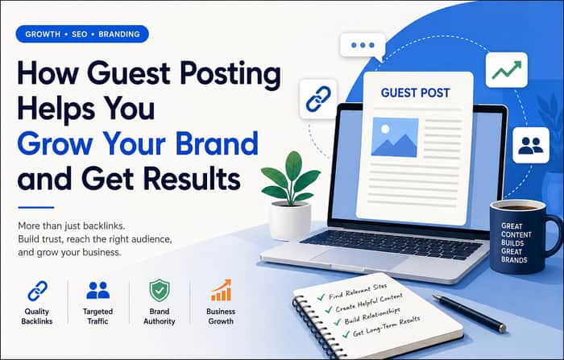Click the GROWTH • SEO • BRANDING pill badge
[x=82, y=34]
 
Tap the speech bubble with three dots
[x=363, y=46]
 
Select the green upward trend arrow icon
[x=507, y=70]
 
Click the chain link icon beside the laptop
[x=318, y=99]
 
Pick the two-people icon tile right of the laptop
[x=531, y=145]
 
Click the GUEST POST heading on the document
[x=415, y=93]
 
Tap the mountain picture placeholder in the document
[x=395, y=137]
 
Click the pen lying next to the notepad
[x=470, y=313]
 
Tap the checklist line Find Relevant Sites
[x=357, y=292]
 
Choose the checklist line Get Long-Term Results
[x=386, y=327]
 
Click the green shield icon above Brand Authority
[x=160, y=290]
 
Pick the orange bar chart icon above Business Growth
[x=221, y=290]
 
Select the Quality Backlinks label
[x=37, y=317]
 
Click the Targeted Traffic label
[x=97, y=317]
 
